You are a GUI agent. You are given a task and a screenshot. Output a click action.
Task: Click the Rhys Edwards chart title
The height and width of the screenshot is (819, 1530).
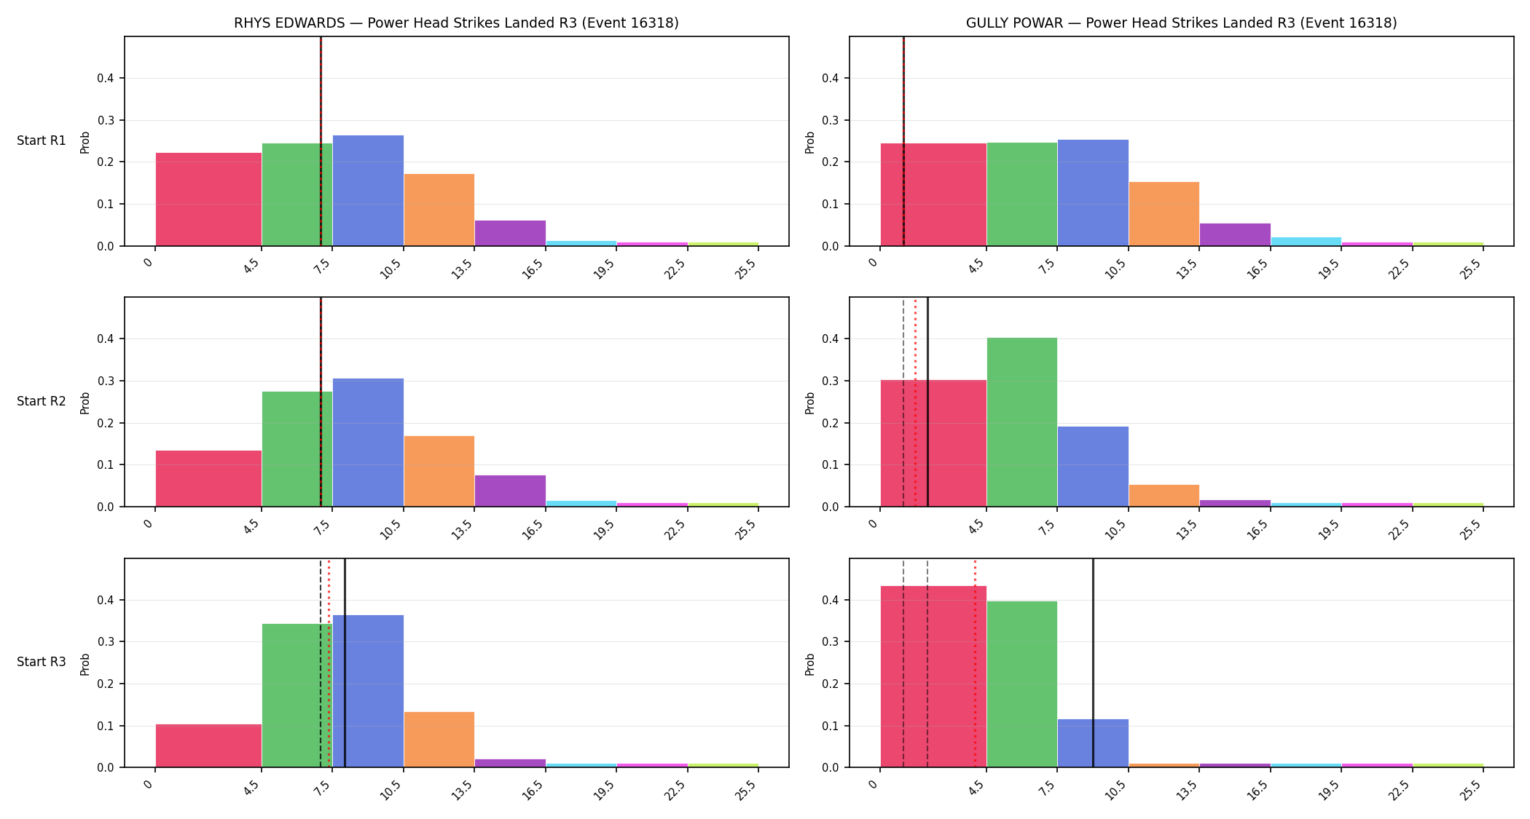(x=456, y=23)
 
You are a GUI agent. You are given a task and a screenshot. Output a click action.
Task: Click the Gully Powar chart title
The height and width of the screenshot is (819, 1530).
(x=1181, y=23)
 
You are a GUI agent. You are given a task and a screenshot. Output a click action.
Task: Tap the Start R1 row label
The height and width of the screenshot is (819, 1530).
(x=42, y=141)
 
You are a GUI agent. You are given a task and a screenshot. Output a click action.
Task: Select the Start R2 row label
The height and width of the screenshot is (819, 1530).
(x=42, y=401)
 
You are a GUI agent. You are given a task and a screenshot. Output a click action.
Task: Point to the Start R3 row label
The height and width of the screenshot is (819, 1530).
(x=42, y=662)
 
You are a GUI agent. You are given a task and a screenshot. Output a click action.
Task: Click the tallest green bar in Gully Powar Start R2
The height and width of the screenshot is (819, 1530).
(x=1021, y=422)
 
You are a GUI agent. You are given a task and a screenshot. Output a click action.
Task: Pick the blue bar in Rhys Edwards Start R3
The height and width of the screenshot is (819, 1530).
(x=368, y=691)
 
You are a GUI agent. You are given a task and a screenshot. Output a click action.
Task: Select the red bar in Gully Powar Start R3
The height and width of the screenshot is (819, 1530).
(x=933, y=676)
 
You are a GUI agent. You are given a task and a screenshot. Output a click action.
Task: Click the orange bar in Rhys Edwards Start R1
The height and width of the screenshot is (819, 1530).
(x=439, y=210)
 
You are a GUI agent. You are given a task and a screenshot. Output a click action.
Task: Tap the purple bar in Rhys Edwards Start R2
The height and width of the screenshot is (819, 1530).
(x=510, y=491)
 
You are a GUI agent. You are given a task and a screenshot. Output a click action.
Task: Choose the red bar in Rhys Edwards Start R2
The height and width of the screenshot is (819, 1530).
(x=208, y=478)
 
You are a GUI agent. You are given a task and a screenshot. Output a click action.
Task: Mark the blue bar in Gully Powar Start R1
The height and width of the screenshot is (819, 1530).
(x=1093, y=193)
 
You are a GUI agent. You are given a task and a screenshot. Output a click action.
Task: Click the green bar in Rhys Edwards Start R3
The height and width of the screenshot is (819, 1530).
(x=297, y=695)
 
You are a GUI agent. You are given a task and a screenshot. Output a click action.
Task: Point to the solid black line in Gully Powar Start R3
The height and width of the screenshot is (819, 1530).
(x=1093, y=663)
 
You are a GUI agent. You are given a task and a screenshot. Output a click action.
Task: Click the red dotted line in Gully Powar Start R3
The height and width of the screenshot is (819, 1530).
(x=975, y=663)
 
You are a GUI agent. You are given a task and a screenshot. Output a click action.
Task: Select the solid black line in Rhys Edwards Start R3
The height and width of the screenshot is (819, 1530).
(x=345, y=663)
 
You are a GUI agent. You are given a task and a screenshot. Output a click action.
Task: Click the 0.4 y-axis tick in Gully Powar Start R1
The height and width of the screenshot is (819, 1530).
(x=831, y=79)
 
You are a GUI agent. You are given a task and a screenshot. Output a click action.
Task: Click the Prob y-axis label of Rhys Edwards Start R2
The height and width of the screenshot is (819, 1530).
(x=85, y=403)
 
